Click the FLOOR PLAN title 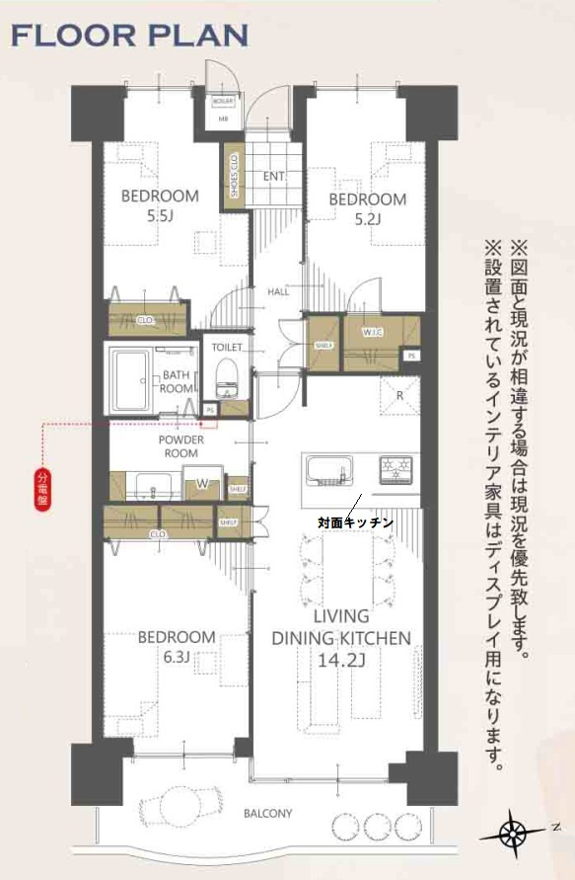(129, 37)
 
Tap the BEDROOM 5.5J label (160, 204)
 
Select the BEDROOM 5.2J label (367, 208)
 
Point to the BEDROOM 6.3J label (176, 646)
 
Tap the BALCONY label (267, 814)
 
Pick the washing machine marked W (203, 484)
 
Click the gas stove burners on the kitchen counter (397, 468)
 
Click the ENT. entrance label (274, 177)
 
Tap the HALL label (278, 292)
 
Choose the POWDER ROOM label (180, 446)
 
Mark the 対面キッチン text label (355, 520)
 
